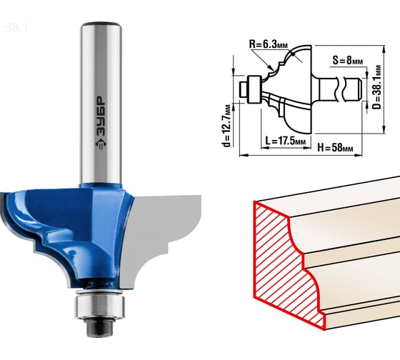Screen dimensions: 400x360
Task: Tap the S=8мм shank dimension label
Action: tap(347, 61)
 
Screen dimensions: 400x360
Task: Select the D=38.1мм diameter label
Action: tap(378, 87)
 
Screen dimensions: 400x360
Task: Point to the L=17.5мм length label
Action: tap(285, 141)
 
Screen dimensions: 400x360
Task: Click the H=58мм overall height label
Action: tap(335, 147)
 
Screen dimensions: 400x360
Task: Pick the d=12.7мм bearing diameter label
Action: tap(226, 126)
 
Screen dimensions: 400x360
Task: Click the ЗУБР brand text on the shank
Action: tap(101, 116)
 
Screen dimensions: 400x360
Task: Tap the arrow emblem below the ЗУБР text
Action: tap(101, 144)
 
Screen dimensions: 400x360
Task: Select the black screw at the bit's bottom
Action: tap(100, 327)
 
